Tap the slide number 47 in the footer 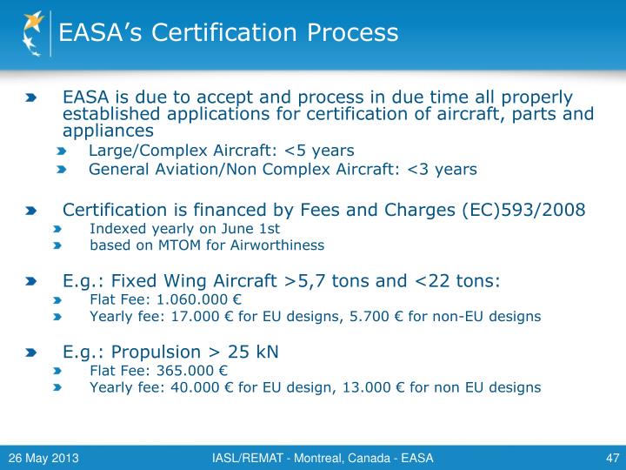click(x=610, y=458)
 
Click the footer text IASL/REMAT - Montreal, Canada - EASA click(x=323, y=458)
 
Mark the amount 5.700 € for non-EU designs click(x=365, y=317)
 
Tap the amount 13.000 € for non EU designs click(x=373, y=387)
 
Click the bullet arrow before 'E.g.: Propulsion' click(x=31, y=352)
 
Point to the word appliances click(x=108, y=131)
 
